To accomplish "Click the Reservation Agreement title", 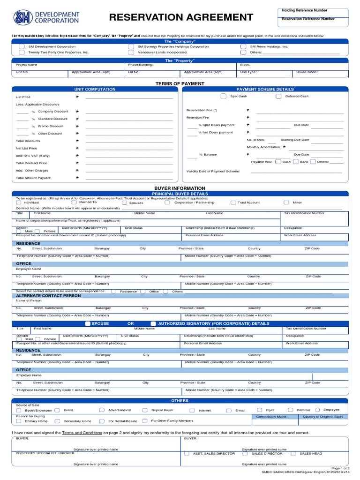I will click(181, 18).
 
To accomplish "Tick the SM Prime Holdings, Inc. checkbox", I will click(243, 47).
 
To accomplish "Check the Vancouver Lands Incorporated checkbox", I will click(131, 52).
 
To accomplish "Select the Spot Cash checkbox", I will click(223, 96).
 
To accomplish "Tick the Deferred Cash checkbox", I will click(278, 96).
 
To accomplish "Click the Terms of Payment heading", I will click(180, 83).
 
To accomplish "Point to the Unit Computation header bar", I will click(95, 89).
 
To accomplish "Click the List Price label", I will click(23, 97).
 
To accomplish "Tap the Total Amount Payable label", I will click(33, 178).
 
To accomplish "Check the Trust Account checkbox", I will click(233, 203).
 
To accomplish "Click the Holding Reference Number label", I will click(304, 10).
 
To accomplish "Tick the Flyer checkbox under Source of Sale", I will click(259, 410).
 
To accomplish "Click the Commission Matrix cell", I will click(271, 416).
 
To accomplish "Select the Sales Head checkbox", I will click(293, 454).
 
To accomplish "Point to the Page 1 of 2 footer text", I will click(340, 468).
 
